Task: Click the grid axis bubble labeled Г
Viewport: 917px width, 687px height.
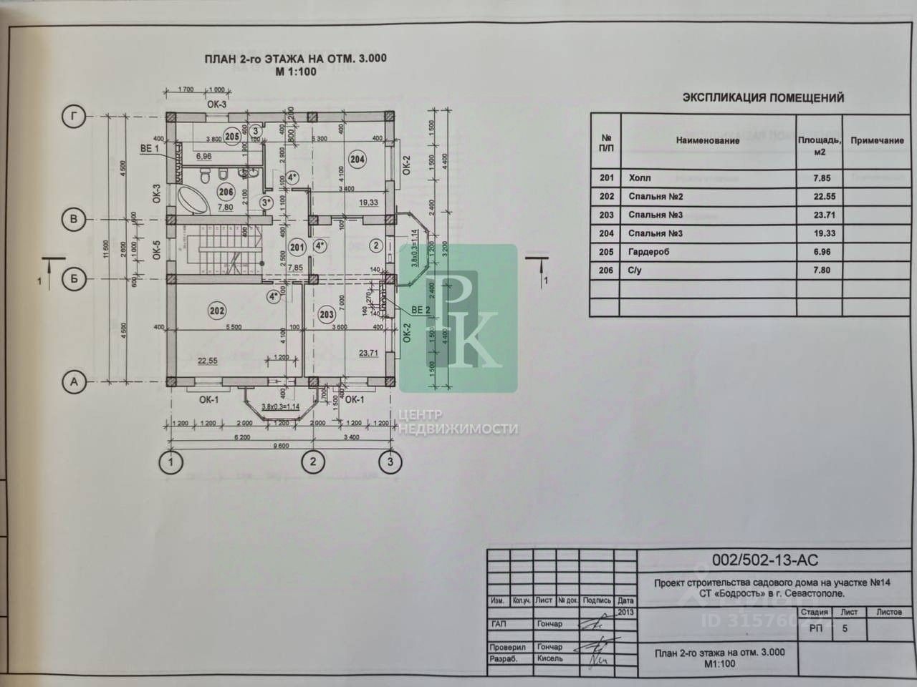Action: (74, 117)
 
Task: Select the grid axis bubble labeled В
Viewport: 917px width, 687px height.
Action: (74, 219)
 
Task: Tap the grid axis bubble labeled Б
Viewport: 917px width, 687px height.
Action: (74, 278)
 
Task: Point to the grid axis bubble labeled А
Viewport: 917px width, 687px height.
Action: (74, 382)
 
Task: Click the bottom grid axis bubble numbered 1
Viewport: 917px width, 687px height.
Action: (170, 462)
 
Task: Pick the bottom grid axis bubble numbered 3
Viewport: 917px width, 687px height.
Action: (390, 462)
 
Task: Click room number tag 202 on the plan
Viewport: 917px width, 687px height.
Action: (217, 311)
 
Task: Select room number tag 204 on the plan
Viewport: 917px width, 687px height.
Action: (357, 160)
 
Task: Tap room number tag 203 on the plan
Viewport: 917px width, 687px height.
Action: (327, 314)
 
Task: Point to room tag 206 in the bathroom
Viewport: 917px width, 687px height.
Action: (226, 192)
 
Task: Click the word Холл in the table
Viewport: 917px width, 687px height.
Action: (640, 178)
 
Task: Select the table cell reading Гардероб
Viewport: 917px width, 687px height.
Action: (650, 252)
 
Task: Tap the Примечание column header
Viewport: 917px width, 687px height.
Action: (877, 140)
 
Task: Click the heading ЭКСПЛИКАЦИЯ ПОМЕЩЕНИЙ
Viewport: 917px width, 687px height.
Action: (763, 98)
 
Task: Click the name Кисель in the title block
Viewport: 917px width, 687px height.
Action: (549, 659)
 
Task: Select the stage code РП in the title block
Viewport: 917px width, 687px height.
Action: (815, 628)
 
